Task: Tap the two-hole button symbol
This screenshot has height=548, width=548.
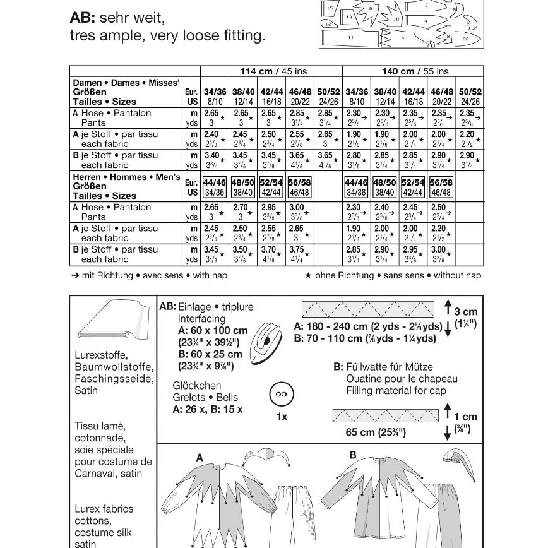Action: (x=281, y=395)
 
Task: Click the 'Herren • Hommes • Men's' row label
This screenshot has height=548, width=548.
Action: (x=126, y=177)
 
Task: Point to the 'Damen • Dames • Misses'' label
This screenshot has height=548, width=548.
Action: (x=126, y=83)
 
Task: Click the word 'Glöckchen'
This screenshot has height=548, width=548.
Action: (x=197, y=385)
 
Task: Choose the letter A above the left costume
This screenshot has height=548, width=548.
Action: (x=200, y=458)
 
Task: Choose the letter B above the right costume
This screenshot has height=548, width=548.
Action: (x=353, y=455)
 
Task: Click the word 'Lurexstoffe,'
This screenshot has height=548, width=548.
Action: (x=101, y=355)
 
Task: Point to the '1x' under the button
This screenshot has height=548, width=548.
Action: (x=282, y=417)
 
